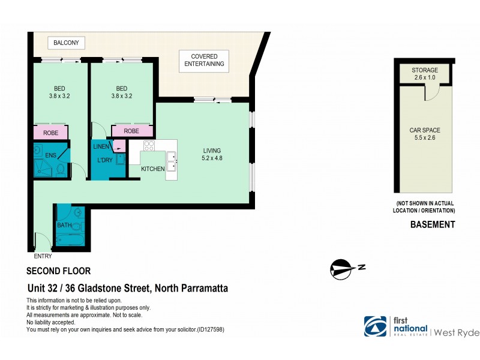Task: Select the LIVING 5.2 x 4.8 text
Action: click(211, 154)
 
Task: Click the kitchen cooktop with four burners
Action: click(149, 146)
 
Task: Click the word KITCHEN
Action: click(153, 169)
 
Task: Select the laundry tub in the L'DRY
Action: click(121, 159)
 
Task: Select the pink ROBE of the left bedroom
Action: click(50, 132)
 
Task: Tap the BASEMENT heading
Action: click(432, 225)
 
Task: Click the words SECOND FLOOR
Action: click(59, 271)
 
